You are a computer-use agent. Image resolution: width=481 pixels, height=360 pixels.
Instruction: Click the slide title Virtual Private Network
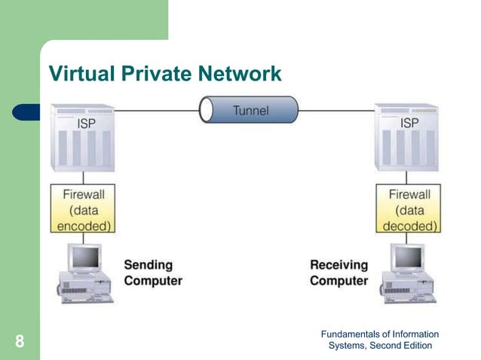[164, 74]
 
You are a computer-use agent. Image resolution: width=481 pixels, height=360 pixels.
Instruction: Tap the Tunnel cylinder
[249, 110]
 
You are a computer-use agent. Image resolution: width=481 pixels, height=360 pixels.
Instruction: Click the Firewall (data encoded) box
[83, 209]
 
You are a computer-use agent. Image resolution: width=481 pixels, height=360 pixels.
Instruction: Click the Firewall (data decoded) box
[409, 209]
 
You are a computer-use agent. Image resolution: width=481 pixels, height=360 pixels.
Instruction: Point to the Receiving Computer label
[339, 273]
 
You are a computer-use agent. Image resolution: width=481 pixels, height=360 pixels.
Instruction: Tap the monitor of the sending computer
[84, 258]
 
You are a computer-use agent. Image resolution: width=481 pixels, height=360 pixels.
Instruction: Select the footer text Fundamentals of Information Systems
[379, 340]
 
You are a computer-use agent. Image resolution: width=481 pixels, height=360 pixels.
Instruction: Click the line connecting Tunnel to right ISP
[335, 111]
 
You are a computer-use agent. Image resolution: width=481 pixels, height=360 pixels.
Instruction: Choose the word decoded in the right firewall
[409, 224]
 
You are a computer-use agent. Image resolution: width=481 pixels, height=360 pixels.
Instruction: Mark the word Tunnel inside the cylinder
[250, 111]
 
